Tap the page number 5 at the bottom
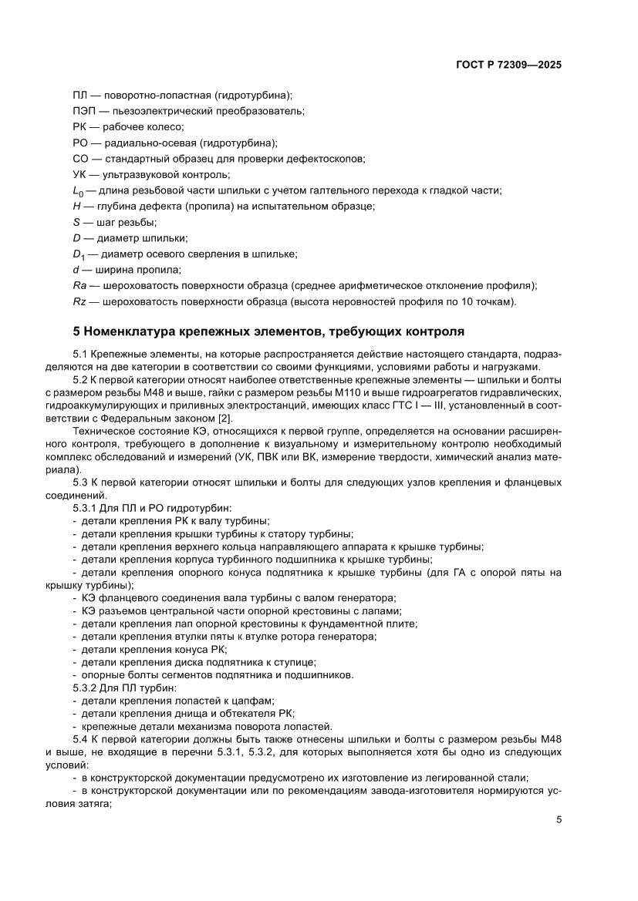tap(559, 820)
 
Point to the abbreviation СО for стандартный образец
tap(80, 159)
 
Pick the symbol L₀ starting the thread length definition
tap(78, 191)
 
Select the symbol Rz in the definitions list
tap(79, 301)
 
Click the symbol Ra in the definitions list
tap(79, 285)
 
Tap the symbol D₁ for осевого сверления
tap(78, 254)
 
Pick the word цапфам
tap(249, 700)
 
